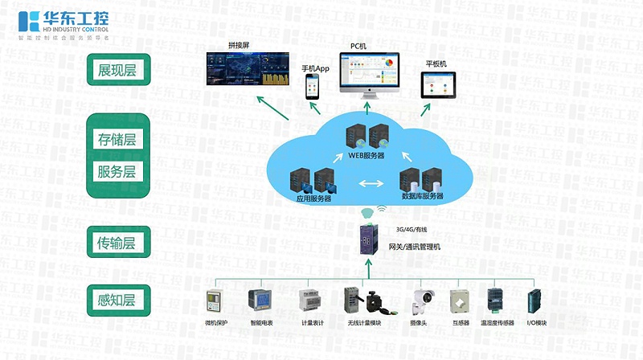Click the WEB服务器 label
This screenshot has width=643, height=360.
click(x=366, y=155)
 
